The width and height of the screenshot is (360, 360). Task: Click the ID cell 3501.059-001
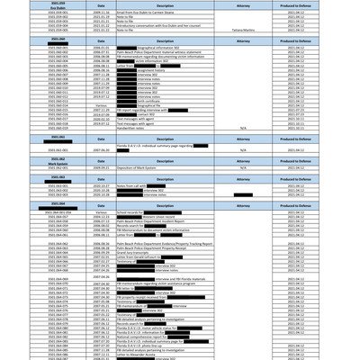(x=58, y=12)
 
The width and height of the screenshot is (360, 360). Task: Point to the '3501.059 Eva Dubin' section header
(x=58, y=4)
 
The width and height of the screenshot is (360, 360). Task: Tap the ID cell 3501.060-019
(x=58, y=129)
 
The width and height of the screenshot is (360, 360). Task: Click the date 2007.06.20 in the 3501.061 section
(x=102, y=149)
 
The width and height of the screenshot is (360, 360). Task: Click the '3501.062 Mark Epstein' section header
(x=58, y=160)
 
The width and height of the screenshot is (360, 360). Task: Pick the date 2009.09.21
(x=102, y=167)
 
